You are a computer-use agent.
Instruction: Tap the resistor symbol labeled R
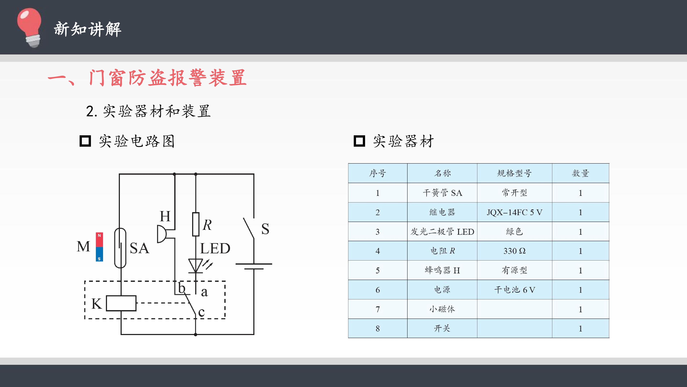(x=196, y=224)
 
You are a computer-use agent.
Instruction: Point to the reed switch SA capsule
(x=120, y=248)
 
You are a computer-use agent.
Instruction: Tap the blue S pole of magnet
(x=99, y=254)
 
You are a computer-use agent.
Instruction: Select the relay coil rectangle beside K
(x=121, y=303)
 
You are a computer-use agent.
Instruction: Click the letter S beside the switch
(x=265, y=229)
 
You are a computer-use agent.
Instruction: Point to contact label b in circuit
(x=182, y=288)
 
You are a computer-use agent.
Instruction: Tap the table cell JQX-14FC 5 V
(x=515, y=212)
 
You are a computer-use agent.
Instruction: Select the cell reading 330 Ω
(x=515, y=251)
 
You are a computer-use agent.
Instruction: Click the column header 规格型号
(x=515, y=173)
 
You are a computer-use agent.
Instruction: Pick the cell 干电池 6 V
(x=515, y=290)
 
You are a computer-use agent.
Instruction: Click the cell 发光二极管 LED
(x=442, y=231)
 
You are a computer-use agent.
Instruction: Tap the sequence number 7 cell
(x=378, y=309)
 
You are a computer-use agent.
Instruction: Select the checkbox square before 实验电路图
(x=85, y=141)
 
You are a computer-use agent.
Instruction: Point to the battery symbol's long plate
(x=254, y=264)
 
